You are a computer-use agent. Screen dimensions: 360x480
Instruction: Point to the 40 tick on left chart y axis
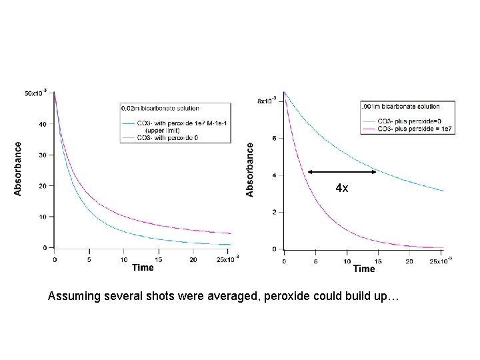[x=44, y=124]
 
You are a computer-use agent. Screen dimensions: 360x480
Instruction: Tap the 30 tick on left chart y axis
[x=44, y=155]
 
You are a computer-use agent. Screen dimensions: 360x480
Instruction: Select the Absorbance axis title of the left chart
[x=18, y=168]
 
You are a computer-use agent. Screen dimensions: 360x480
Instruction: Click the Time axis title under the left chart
[x=142, y=267]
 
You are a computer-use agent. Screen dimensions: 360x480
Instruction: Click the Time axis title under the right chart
[x=364, y=269]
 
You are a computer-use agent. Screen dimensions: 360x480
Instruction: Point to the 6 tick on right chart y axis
[x=273, y=138]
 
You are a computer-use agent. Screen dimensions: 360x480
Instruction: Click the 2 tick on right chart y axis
[x=273, y=212]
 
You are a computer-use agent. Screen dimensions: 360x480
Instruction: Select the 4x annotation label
[x=341, y=189]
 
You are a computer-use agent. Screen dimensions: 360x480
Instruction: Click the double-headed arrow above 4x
[x=342, y=172]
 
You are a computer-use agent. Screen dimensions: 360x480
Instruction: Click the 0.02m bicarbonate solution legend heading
[x=160, y=108]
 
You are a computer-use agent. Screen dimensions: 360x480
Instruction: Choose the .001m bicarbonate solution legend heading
[x=399, y=106]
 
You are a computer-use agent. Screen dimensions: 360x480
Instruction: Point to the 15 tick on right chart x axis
[x=377, y=261]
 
